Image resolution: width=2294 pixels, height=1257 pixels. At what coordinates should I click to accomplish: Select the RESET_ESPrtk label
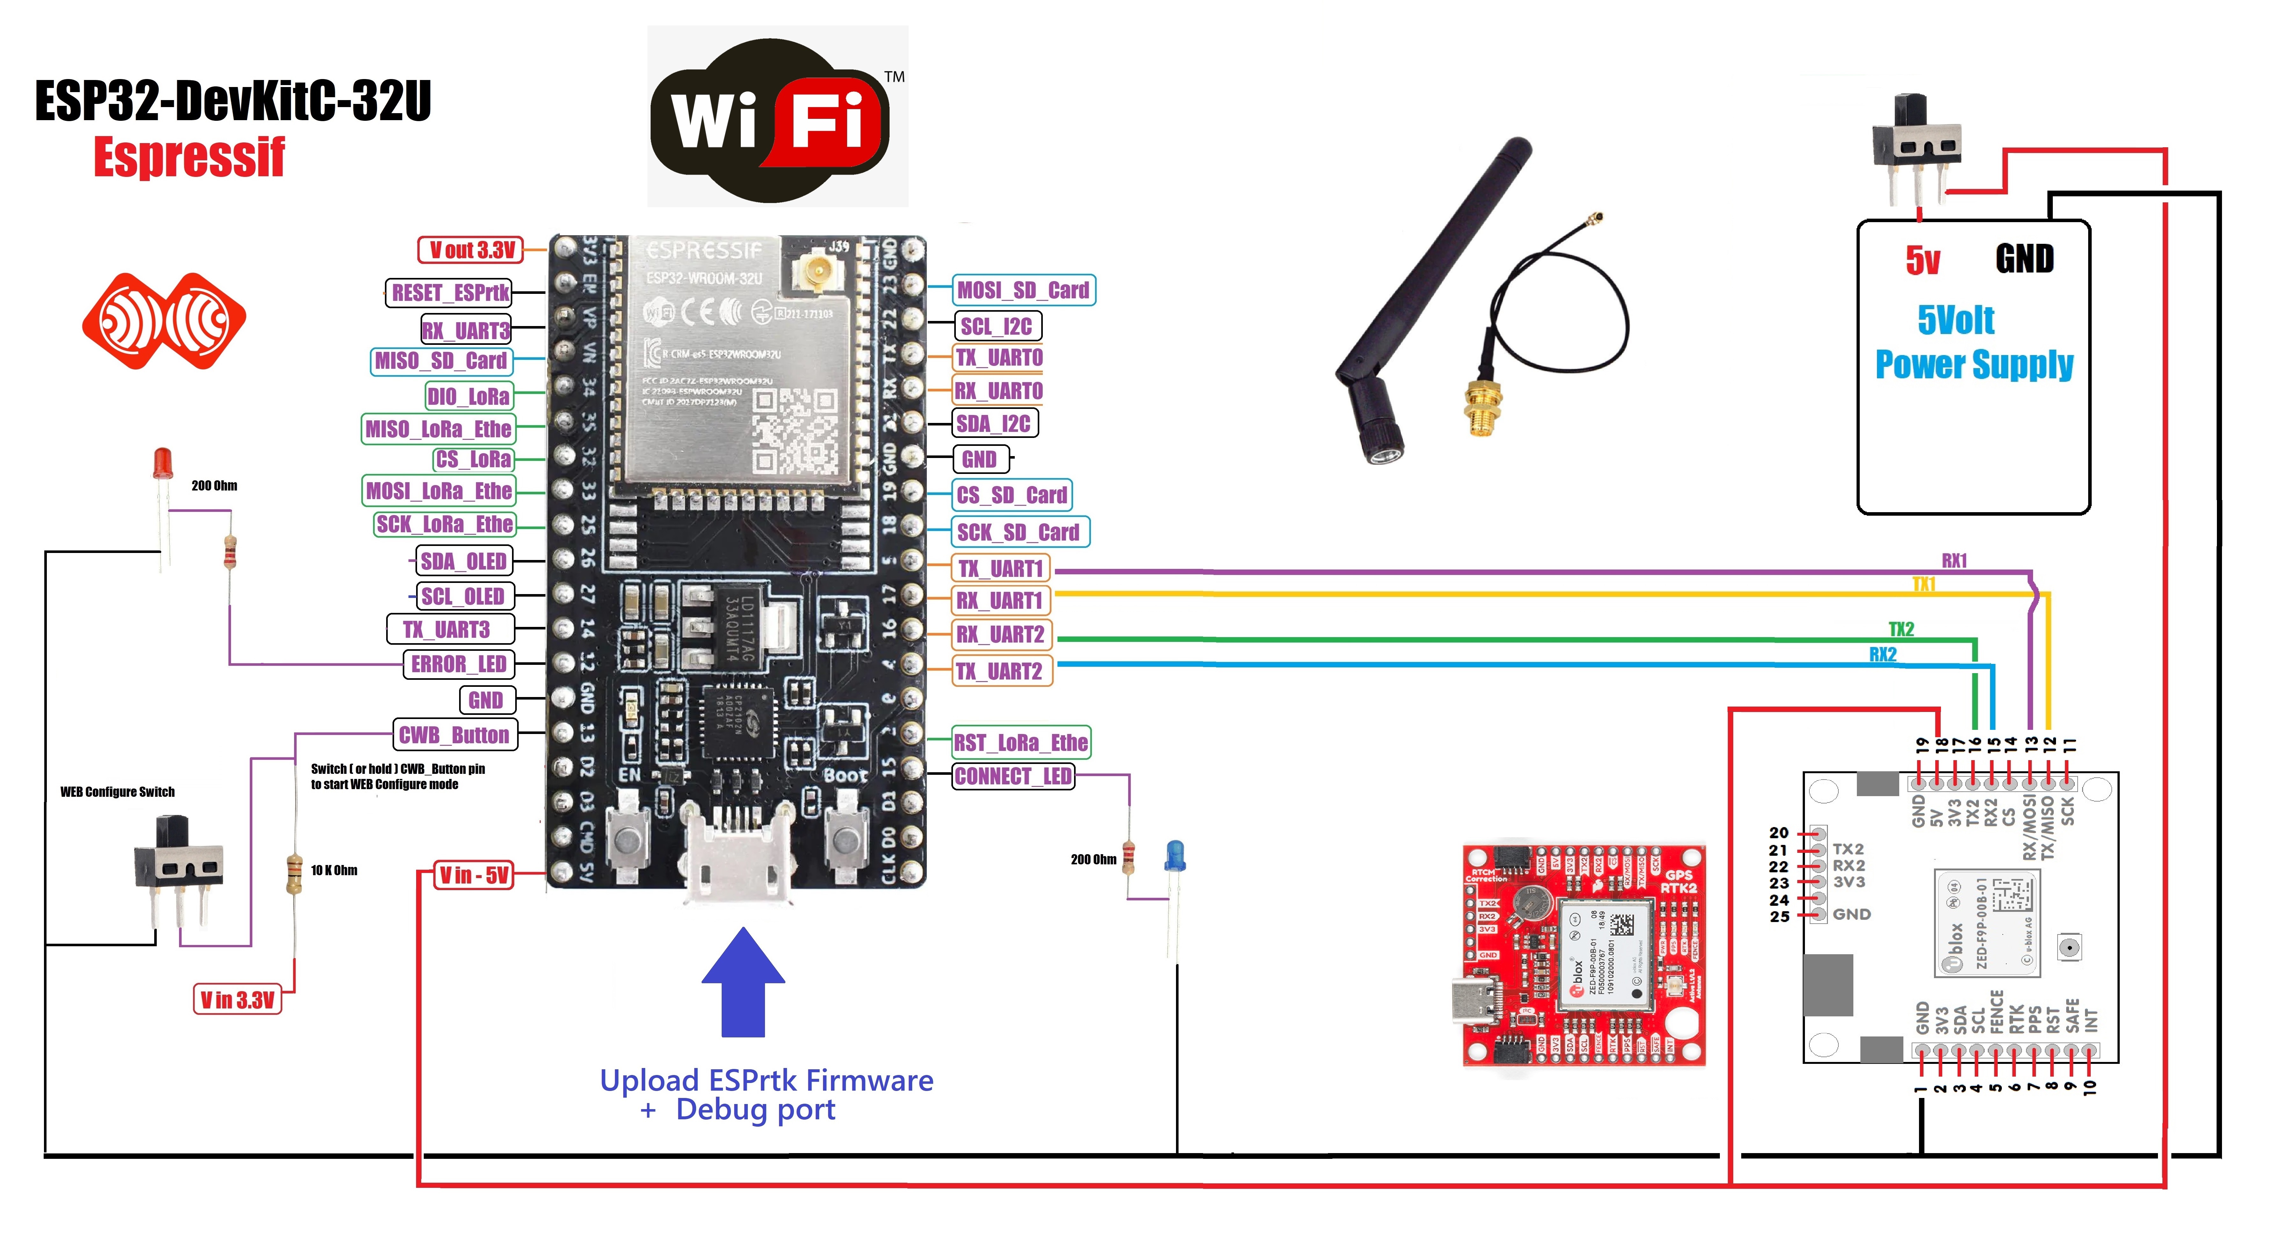tap(450, 292)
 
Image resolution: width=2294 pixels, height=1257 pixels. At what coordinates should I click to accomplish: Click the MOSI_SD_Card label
tap(1023, 290)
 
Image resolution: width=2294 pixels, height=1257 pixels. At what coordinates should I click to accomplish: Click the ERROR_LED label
tap(458, 665)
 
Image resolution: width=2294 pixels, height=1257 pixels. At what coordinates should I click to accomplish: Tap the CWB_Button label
tap(454, 735)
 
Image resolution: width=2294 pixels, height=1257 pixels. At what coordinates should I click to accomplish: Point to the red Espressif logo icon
tap(164, 321)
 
